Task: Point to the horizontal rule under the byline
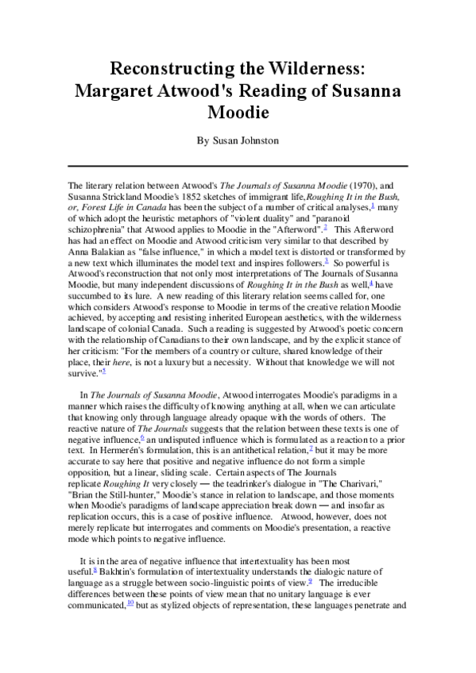238,166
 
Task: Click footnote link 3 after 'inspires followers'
315,260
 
